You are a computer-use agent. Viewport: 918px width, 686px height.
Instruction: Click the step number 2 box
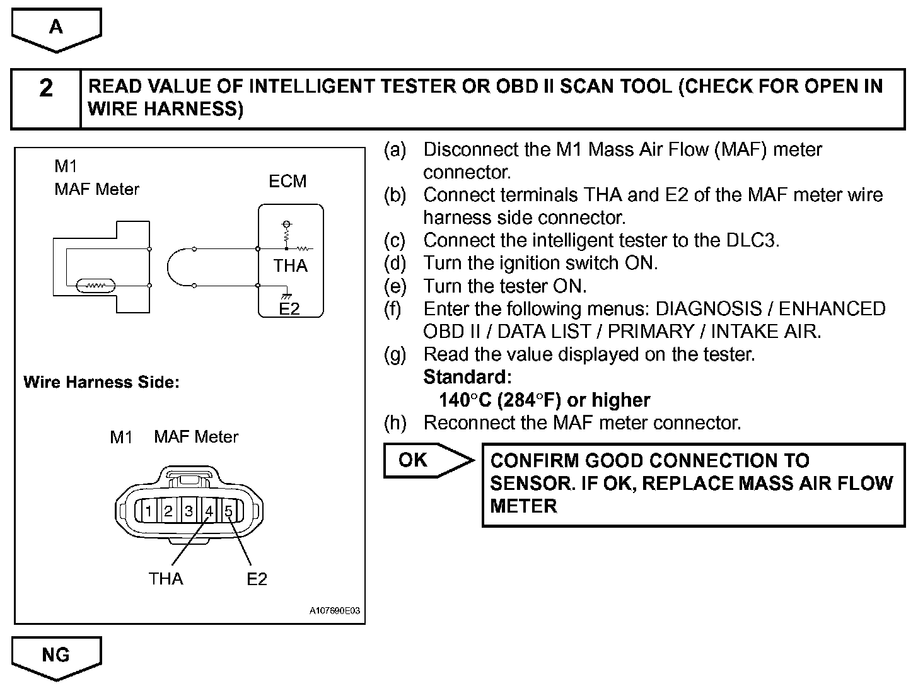(x=46, y=99)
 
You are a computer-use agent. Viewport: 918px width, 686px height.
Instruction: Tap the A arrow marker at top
(x=56, y=28)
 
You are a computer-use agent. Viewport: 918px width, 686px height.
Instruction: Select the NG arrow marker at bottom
(x=56, y=656)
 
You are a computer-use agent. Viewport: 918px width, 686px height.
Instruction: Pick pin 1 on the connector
(x=149, y=511)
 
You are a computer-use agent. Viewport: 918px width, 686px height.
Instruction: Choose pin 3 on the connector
(x=189, y=511)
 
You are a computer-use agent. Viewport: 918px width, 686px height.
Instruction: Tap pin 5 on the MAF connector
(x=229, y=511)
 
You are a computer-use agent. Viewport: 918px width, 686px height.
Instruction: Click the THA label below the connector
(x=166, y=579)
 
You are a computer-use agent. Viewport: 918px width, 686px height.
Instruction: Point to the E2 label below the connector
(x=257, y=579)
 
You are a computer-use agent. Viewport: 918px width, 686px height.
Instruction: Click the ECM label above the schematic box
(x=288, y=182)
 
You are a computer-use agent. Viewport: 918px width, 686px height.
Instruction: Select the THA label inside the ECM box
(x=291, y=266)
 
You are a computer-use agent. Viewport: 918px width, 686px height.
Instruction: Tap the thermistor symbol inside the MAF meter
(x=95, y=286)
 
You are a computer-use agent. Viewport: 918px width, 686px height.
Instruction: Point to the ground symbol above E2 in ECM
(x=286, y=293)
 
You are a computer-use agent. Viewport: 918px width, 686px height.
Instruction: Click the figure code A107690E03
(x=337, y=611)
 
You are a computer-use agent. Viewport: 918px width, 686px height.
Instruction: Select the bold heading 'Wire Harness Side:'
(x=102, y=383)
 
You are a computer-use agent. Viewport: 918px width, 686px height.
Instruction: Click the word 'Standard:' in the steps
(x=467, y=377)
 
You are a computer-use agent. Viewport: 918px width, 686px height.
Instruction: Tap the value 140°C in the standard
(x=465, y=400)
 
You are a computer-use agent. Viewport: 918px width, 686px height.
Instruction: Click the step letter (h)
(x=395, y=422)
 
